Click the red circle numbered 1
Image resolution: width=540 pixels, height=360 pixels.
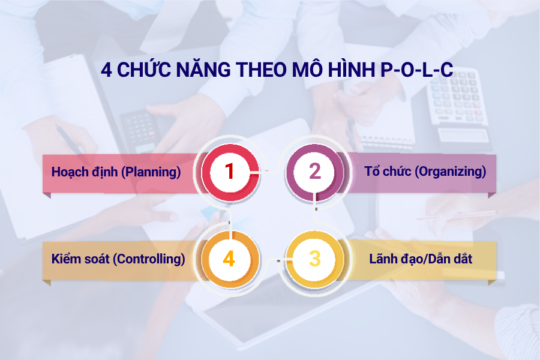229,172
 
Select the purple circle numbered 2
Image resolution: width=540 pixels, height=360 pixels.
315,172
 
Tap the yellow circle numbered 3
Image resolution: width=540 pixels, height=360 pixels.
315,259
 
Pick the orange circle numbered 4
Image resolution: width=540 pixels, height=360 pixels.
229,259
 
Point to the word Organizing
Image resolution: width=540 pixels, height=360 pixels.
451,172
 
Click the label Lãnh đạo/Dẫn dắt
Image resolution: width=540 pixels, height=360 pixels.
421,259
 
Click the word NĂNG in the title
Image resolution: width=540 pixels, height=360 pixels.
191,70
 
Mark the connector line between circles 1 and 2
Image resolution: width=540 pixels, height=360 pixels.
271,172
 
